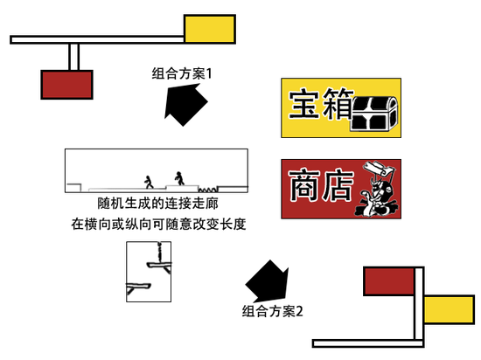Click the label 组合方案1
pos(182,74)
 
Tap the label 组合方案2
pos(272,311)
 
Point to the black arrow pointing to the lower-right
pos(268,281)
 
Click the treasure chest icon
pos(374,114)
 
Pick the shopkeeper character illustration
pos(377,189)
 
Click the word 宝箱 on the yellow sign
pos(321,104)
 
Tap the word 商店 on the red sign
pos(321,184)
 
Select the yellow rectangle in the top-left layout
pos(210,29)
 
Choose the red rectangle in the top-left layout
pos(66,85)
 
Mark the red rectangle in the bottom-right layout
pos(389,281)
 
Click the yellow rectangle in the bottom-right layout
pos(450,309)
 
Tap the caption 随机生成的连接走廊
pos(157,204)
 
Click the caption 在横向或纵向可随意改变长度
pos(158,225)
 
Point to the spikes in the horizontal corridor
pos(207,190)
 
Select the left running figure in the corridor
pos(149,182)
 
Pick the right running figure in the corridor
pos(179,178)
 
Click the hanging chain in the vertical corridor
pos(159,252)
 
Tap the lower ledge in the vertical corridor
pos(138,287)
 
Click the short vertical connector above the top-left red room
pos(74,57)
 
